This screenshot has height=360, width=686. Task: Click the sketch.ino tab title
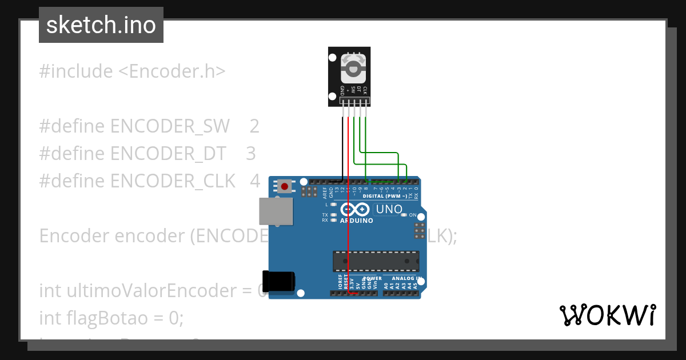pos(101,25)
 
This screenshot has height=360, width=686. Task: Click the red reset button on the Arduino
pos(285,186)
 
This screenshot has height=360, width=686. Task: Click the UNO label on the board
pos(389,210)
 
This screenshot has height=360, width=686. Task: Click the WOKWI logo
pos(607,315)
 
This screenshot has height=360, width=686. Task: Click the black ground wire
pos(342,149)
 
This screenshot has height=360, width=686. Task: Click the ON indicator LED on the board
pos(404,215)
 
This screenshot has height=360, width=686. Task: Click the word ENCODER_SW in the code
pos(170,126)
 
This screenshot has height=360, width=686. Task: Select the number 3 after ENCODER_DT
pos(250,154)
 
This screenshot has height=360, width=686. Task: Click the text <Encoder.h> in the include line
pos(172,71)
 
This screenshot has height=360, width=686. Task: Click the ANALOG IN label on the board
pos(407,278)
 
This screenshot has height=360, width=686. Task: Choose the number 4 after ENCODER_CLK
pos(255,181)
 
